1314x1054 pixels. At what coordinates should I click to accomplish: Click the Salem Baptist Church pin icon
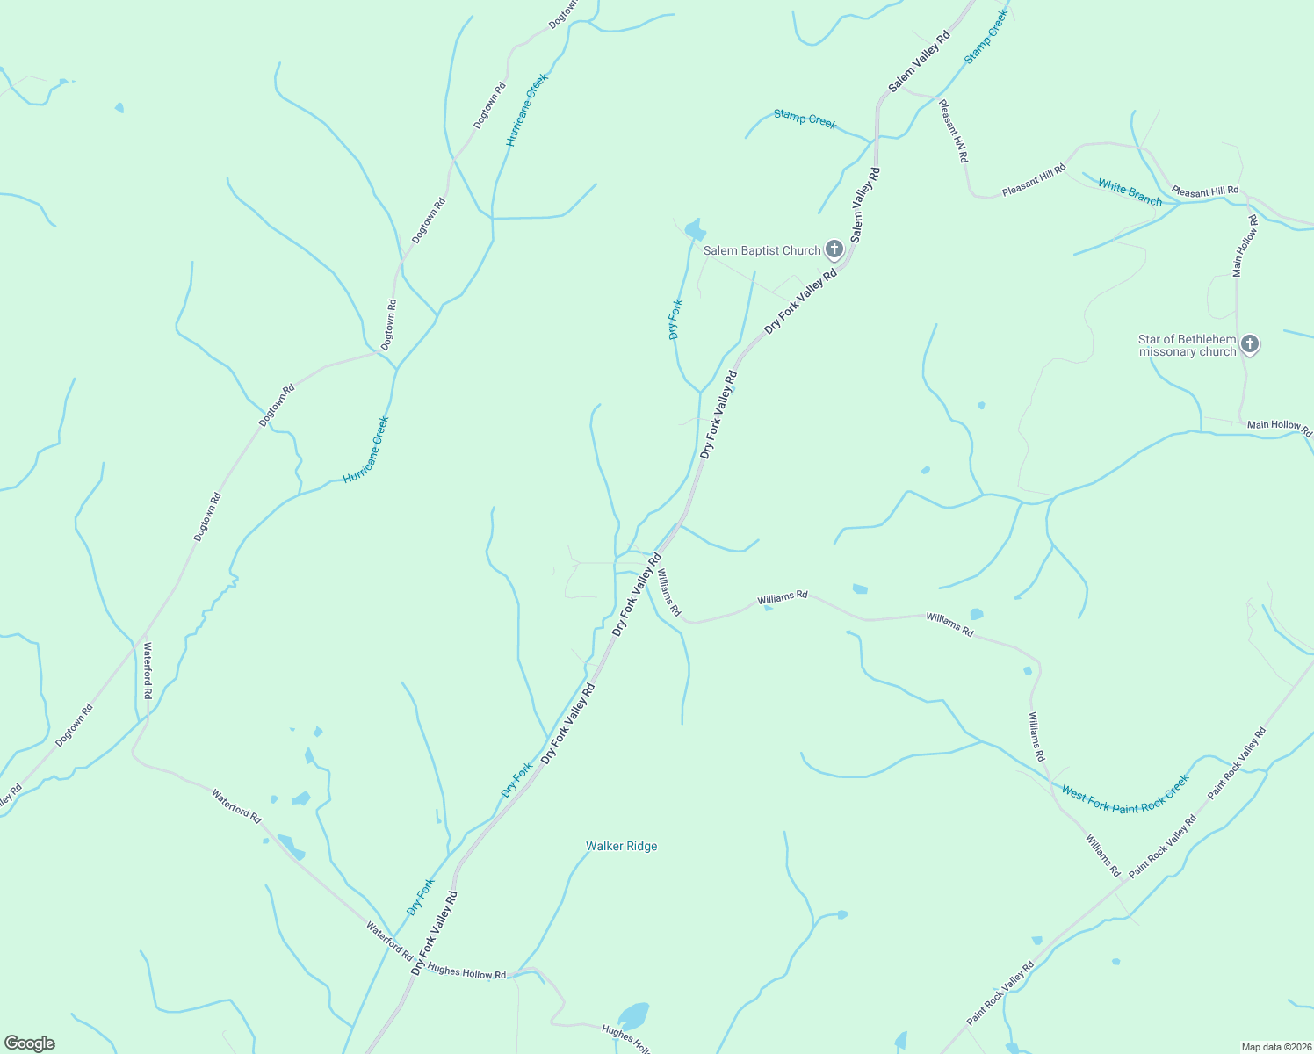tap(834, 250)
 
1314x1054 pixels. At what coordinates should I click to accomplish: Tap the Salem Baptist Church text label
tap(762, 250)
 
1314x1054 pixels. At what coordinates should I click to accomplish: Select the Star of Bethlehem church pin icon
tap(1250, 344)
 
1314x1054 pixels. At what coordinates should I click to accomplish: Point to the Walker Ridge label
tap(621, 846)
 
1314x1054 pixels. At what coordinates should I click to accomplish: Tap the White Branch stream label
tap(1130, 192)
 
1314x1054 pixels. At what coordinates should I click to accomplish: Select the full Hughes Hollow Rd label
tap(466, 973)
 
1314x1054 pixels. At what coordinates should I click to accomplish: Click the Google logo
tap(29, 1043)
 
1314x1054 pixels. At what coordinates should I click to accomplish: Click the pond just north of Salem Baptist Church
tap(695, 230)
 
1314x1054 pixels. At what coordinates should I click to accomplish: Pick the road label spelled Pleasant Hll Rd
tap(953, 131)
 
